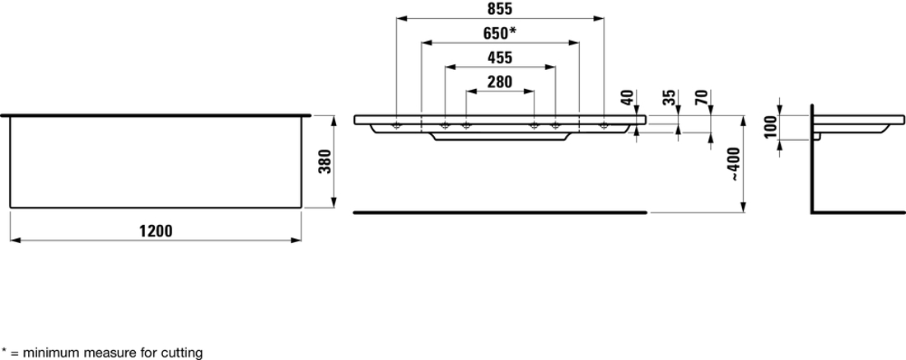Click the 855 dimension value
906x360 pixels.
click(500, 9)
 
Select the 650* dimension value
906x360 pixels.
click(499, 34)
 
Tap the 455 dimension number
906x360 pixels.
click(500, 58)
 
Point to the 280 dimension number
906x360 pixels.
click(500, 82)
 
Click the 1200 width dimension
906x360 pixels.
click(156, 231)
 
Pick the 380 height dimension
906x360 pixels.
click(325, 161)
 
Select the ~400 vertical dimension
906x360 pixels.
click(734, 164)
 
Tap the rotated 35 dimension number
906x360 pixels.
click(669, 97)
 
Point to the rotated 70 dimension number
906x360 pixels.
click(703, 97)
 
